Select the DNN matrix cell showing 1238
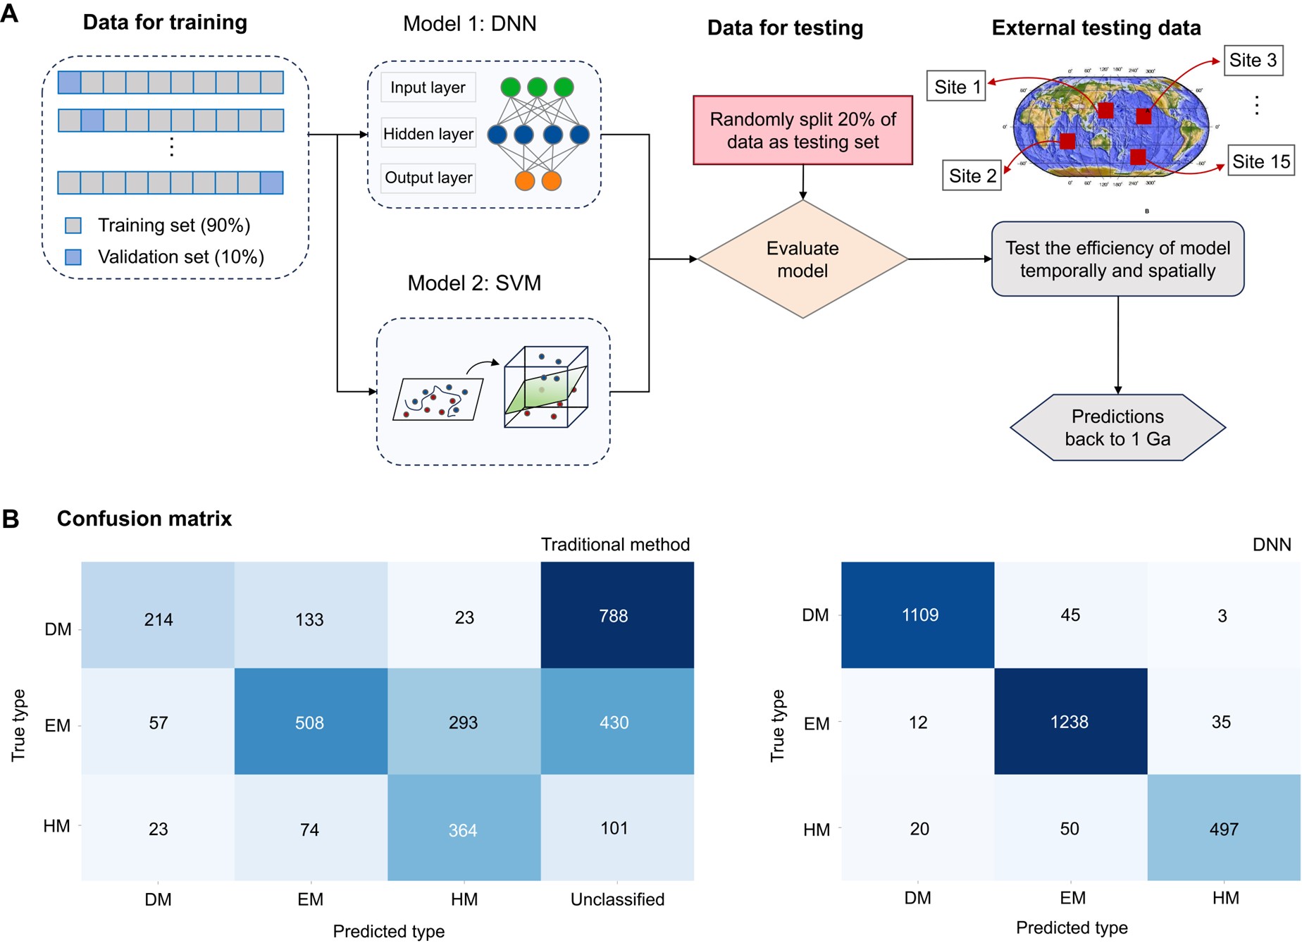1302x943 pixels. (1070, 722)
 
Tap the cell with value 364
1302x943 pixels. (464, 829)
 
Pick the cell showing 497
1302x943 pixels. (1224, 829)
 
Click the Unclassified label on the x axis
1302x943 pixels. (617, 899)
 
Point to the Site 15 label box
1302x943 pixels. (1260, 161)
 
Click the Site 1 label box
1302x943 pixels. (956, 87)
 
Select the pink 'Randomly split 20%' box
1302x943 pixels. (802, 130)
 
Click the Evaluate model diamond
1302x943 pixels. (802, 259)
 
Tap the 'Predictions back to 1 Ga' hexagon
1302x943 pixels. (1117, 428)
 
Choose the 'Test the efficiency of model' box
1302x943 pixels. (1117, 259)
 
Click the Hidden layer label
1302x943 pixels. (428, 134)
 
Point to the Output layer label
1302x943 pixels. (428, 178)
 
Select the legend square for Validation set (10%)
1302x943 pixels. (73, 257)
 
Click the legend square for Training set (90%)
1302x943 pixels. (73, 226)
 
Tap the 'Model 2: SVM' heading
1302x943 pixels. (474, 283)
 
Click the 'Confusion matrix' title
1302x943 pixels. (144, 519)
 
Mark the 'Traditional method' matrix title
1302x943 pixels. (615, 545)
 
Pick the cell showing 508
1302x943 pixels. (310, 722)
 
